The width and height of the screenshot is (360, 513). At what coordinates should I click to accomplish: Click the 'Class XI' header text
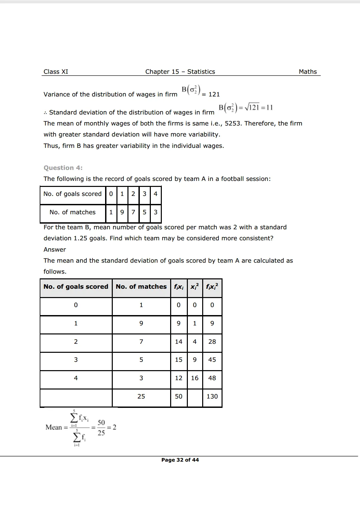pos(56,72)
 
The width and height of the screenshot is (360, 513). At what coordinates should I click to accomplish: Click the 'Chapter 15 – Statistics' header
pos(180,72)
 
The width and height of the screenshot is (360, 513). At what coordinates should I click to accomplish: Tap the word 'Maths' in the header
pos(308,72)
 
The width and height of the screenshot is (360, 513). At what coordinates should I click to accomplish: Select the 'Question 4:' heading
pos(63,168)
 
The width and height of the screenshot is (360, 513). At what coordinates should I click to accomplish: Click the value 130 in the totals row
pos(212,397)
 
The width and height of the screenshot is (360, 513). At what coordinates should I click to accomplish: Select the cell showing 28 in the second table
pos(212,342)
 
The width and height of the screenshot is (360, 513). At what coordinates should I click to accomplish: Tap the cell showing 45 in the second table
pos(212,360)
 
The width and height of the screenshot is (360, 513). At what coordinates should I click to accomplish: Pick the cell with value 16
pos(195,378)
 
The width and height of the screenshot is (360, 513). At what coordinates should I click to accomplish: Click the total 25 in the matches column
pos(141,397)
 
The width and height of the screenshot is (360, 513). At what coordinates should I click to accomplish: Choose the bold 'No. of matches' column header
pos(141,287)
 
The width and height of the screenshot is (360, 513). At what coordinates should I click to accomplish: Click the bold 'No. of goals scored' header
pos(76,287)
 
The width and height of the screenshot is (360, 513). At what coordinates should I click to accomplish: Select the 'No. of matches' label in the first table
pos(72,212)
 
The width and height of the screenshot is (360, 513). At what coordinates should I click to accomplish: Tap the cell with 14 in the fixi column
pos(178,342)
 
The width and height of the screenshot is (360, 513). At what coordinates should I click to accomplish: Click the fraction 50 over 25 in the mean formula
pos(101,428)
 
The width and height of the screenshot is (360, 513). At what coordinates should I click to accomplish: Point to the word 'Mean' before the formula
pos(54,428)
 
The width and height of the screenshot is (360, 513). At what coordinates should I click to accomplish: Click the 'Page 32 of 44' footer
pos(180,460)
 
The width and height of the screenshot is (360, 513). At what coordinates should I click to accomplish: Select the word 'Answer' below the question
pos(55,250)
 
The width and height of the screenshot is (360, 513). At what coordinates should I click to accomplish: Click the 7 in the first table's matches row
pos(133,212)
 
